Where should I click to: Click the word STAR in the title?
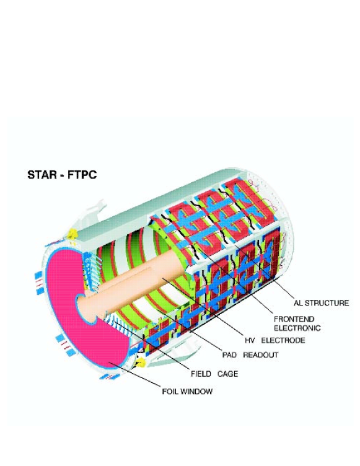coord(41,175)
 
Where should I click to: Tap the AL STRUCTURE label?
coord(321,303)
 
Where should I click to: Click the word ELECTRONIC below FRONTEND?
coord(297,328)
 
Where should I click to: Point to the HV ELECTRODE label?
coord(274,340)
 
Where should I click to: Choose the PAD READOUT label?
coord(250,355)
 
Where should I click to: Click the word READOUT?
coord(260,355)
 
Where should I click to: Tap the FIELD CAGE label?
coord(214,374)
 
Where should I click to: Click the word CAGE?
coord(227,374)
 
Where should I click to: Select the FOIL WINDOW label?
coord(187,391)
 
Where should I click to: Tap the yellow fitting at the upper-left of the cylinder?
coord(72,234)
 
